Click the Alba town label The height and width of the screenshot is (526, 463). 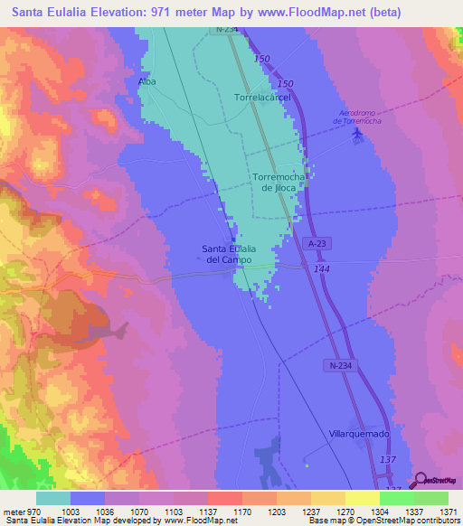click(146, 81)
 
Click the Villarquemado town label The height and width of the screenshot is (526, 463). click(359, 434)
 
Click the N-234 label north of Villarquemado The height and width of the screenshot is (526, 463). click(335, 364)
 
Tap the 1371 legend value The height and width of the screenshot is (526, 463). click(447, 512)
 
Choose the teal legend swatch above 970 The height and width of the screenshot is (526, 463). click(53, 498)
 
